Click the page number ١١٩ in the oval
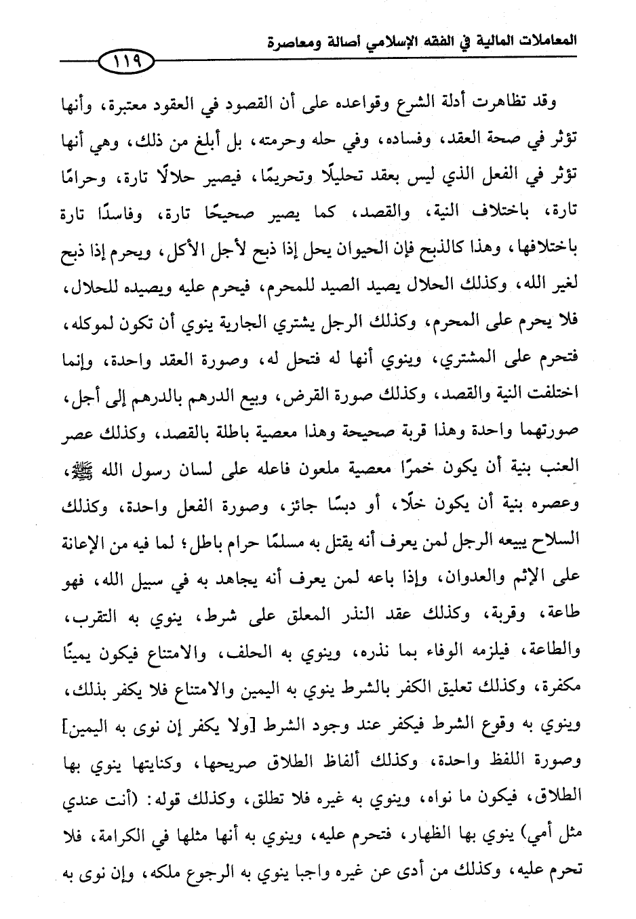tap(127, 64)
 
